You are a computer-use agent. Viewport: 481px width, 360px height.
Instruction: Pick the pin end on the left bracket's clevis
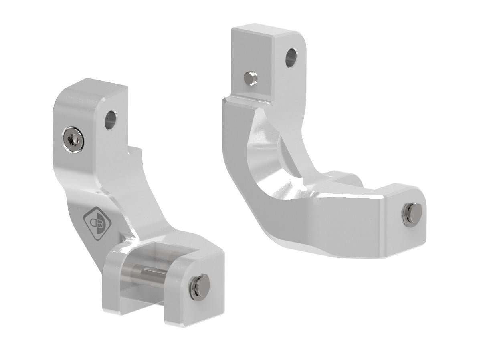(199, 283)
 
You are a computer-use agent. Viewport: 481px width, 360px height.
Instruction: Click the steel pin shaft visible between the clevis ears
(152, 276)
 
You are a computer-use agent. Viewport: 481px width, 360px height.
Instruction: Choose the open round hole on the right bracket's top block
(291, 57)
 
